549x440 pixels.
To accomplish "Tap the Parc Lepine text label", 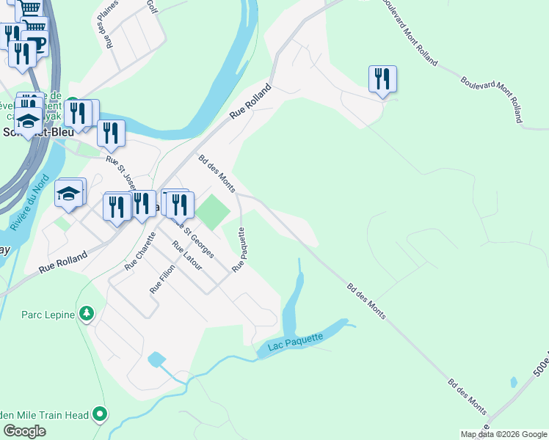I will coord(48,315).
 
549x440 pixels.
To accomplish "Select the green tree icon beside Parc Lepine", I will coord(87,314).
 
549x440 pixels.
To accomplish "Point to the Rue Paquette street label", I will coord(239,249).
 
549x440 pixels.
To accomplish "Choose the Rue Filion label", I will coord(156,279).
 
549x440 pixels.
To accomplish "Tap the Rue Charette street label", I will coord(140,252).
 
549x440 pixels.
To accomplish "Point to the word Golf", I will coord(152,7).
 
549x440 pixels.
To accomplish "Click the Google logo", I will coord(24,431).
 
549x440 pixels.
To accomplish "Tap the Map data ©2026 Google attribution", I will coord(503,434).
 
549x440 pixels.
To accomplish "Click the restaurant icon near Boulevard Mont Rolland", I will coord(382,78).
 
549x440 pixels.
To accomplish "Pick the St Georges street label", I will coord(200,243).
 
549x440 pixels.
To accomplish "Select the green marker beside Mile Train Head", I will coord(101,415).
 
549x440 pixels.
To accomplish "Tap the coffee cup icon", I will coord(34,43).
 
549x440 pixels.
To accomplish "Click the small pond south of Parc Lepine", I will coord(156,359).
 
